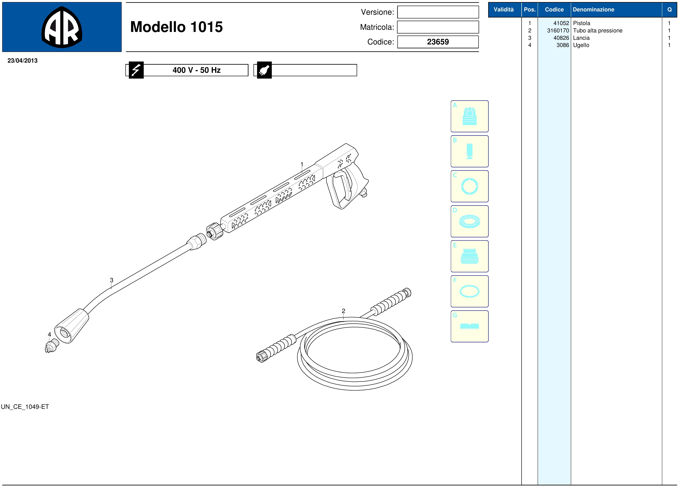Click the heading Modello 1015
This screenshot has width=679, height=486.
point(177,27)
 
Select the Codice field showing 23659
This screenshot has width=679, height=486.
point(438,42)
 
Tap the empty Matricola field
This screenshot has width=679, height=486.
point(438,27)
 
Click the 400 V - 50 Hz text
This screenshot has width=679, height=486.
point(197,70)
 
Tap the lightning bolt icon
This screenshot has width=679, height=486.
point(136,70)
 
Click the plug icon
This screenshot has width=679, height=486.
point(264,70)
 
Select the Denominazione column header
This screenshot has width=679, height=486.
point(593,10)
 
